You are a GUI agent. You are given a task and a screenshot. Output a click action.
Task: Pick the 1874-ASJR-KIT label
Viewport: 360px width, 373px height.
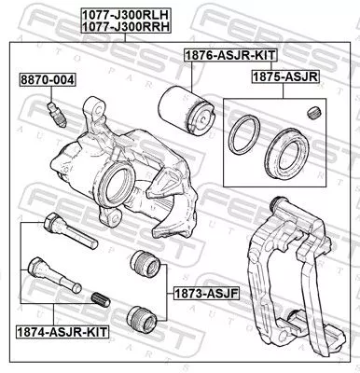click(x=58, y=331)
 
